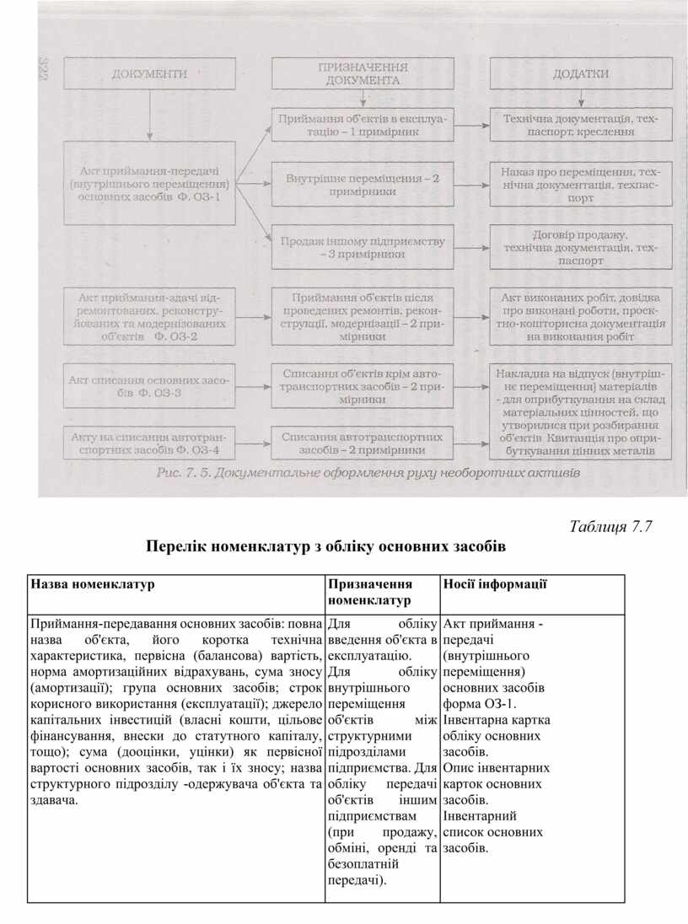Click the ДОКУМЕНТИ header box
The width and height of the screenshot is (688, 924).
(x=149, y=74)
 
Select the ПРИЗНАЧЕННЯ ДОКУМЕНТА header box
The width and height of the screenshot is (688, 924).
(x=362, y=74)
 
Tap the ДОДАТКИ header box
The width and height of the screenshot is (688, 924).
(x=580, y=74)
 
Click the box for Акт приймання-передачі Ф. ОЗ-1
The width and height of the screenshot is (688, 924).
(x=150, y=183)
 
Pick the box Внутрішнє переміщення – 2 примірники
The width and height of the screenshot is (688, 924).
(x=362, y=185)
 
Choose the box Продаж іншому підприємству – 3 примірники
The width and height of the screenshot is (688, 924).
(x=362, y=248)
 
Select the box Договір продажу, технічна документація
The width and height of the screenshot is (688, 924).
(x=580, y=248)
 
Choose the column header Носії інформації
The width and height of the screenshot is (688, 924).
(x=495, y=583)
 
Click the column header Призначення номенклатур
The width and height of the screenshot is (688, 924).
(x=370, y=592)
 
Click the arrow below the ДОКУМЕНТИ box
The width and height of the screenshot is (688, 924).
(x=149, y=114)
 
